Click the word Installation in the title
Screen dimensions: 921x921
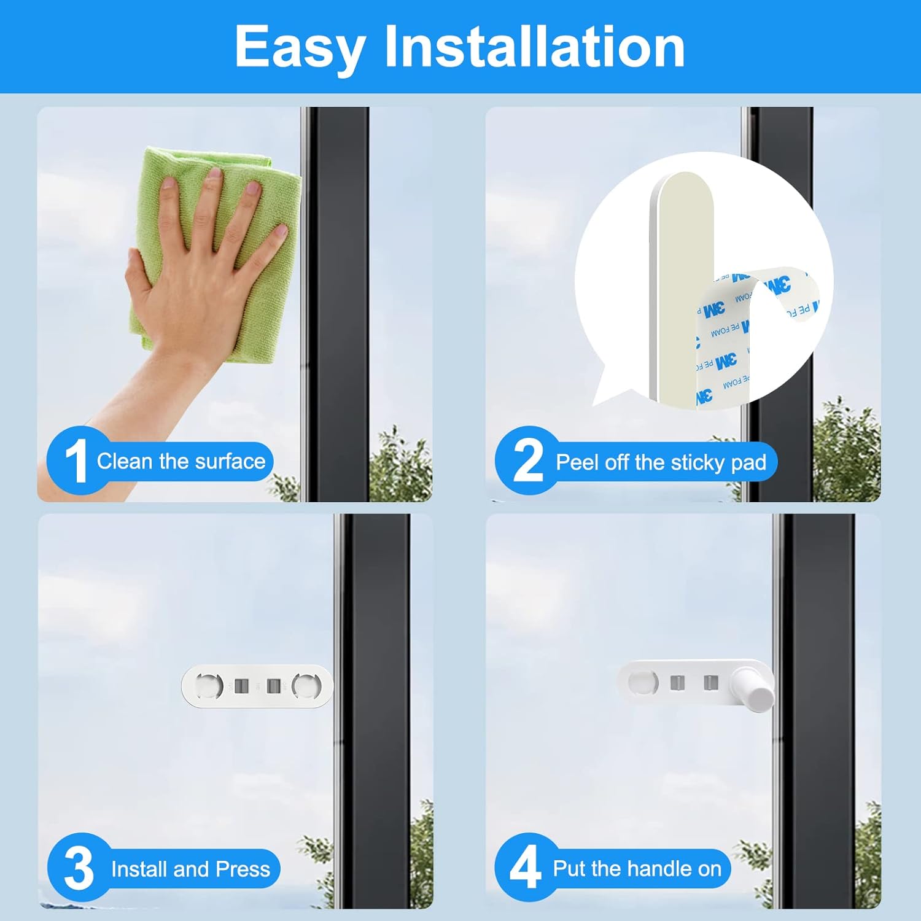tap(534, 47)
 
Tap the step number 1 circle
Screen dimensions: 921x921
tap(76, 461)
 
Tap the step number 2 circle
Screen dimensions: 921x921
tap(527, 461)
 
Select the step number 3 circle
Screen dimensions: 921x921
tap(79, 868)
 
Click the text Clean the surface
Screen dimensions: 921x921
tap(181, 461)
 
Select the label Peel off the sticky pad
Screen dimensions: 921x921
tap(661, 462)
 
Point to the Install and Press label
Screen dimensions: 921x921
tap(190, 869)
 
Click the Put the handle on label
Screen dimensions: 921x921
tap(637, 868)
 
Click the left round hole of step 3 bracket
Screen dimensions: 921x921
tap(209, 685)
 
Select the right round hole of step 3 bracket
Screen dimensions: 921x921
tap(306, 685)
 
